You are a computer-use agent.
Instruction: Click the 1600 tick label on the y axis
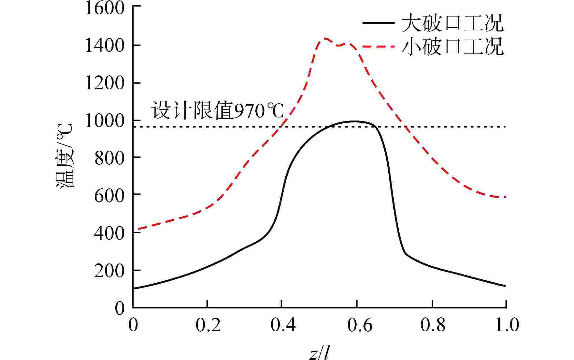coord(104,8)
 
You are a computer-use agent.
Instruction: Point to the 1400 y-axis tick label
coord(104,46)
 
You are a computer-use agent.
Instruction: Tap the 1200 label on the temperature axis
coord(104,83)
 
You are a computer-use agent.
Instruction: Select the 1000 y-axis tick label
coord(104,121)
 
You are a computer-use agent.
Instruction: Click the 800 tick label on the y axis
coord(109,158)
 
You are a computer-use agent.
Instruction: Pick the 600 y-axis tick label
coord(109,196)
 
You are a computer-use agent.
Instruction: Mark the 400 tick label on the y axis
coord(109,233)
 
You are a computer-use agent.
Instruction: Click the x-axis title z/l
coord(320,353)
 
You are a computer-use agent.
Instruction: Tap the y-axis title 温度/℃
coord(64,156)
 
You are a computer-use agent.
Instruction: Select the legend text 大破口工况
coord(452,23)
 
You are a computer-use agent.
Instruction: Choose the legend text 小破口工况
coord(452,47)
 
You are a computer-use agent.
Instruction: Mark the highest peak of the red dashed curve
coord(325,38)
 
